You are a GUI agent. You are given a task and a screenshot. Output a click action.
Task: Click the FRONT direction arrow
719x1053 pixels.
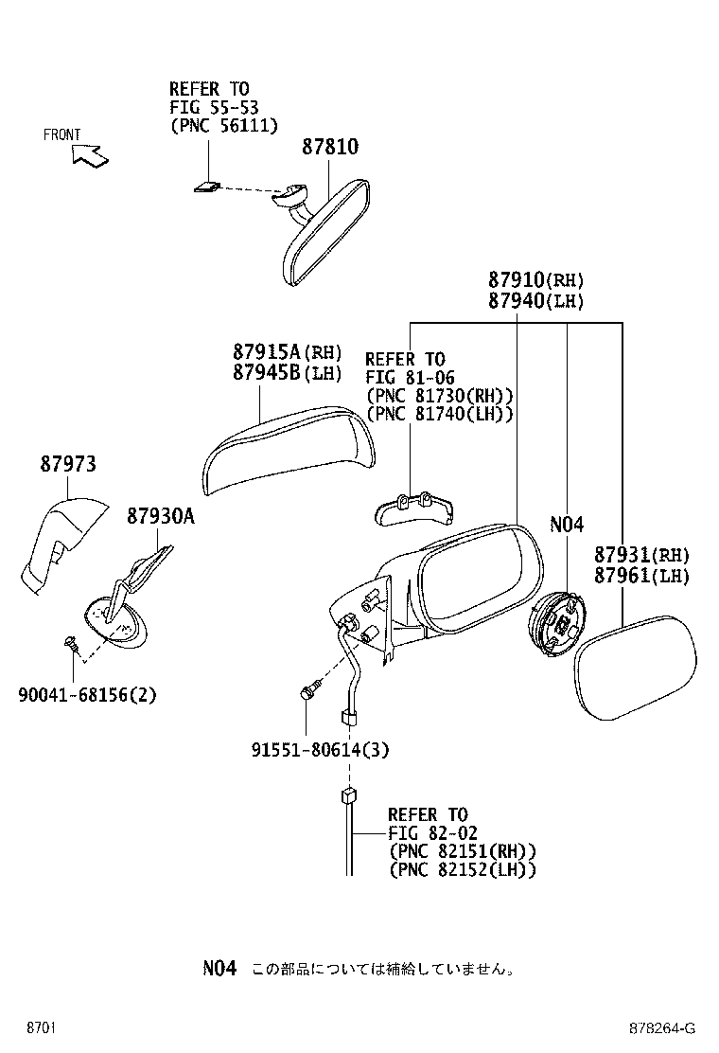pyautogui.click(x=90, y=154)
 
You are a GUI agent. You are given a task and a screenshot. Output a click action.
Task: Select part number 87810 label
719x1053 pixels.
pyautogui.click(x=330, y=148)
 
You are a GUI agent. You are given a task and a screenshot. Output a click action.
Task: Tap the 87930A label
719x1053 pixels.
pyautogui.click(x=160, y=516)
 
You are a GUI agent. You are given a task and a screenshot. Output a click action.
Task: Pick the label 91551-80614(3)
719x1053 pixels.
pyautogui.click(x=321, y=750)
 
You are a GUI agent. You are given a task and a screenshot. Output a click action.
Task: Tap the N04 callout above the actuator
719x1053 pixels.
pyautogui.click(x=567, y=525)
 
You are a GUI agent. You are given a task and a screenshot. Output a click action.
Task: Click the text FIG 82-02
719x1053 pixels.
pyautogui.click(x=431, y=833)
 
